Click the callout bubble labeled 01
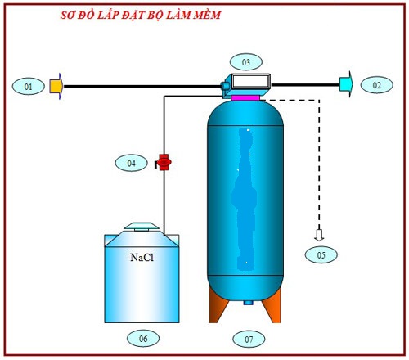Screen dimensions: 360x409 point(29,85)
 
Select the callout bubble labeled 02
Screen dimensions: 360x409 point(376,84)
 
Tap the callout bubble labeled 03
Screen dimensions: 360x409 point(245,61)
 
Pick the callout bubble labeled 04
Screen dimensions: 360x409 point(131,163)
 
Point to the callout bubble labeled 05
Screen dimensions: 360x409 point(321,255)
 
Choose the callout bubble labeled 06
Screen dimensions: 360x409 point(142,337)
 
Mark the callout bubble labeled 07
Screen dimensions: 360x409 point(245,337)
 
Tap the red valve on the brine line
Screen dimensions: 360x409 point(164,162)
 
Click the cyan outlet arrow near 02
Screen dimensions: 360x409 point(346,83)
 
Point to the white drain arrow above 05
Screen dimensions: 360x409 point(321,235)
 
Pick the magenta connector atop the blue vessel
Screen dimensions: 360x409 point(245,97)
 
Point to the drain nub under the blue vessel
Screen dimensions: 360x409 point(246,302)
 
